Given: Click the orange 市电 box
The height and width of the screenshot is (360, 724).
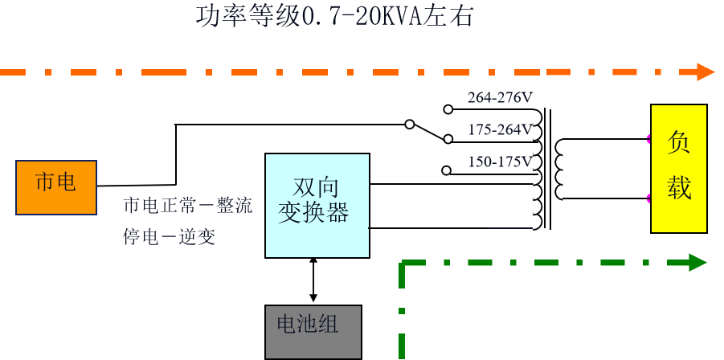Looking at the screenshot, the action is pyautogui.click(x=56, y=187).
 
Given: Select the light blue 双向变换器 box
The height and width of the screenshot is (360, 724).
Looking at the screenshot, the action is pyautogui.click(x=317, y=206).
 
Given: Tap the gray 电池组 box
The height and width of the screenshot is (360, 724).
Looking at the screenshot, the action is pyautogui.click(x=313, y=331).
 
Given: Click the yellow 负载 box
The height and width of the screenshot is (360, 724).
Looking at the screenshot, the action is pyautogui.click(x=679, y=168).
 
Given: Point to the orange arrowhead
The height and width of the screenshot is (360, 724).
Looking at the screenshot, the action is pyautogui.click(x=706, y=72).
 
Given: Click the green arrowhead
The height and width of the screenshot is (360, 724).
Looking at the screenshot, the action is pyautogui.click(x=697, y=262).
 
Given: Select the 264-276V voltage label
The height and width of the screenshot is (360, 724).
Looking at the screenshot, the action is pyautogui.click(x=499, y=98).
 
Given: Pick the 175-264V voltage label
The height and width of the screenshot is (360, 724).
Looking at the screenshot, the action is pyautogui.click(x=499, y=130).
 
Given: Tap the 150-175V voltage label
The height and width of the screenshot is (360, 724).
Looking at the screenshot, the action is pyautogui.click(x=499, y=162).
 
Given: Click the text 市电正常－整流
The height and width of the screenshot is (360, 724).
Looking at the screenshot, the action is pyautogui.click(x=187, y=207).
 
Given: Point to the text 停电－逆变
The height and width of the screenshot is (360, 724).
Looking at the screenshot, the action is pyautogui.click(x=170, y=237).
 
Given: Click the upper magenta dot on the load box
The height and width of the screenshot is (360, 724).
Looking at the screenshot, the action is pyautogui.click(x=649, y=139).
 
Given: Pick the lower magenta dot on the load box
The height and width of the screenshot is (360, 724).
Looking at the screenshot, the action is pyautogui.click(x=649, y=197).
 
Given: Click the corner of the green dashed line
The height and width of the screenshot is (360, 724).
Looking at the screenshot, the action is pyautogui.click(x=402, y=263).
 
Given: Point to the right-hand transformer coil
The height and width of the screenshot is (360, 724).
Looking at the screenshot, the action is pyautogui.click(x=560, y=170).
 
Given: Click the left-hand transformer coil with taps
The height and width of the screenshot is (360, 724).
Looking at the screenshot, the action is pyautogui.click(x=535, y=170).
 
